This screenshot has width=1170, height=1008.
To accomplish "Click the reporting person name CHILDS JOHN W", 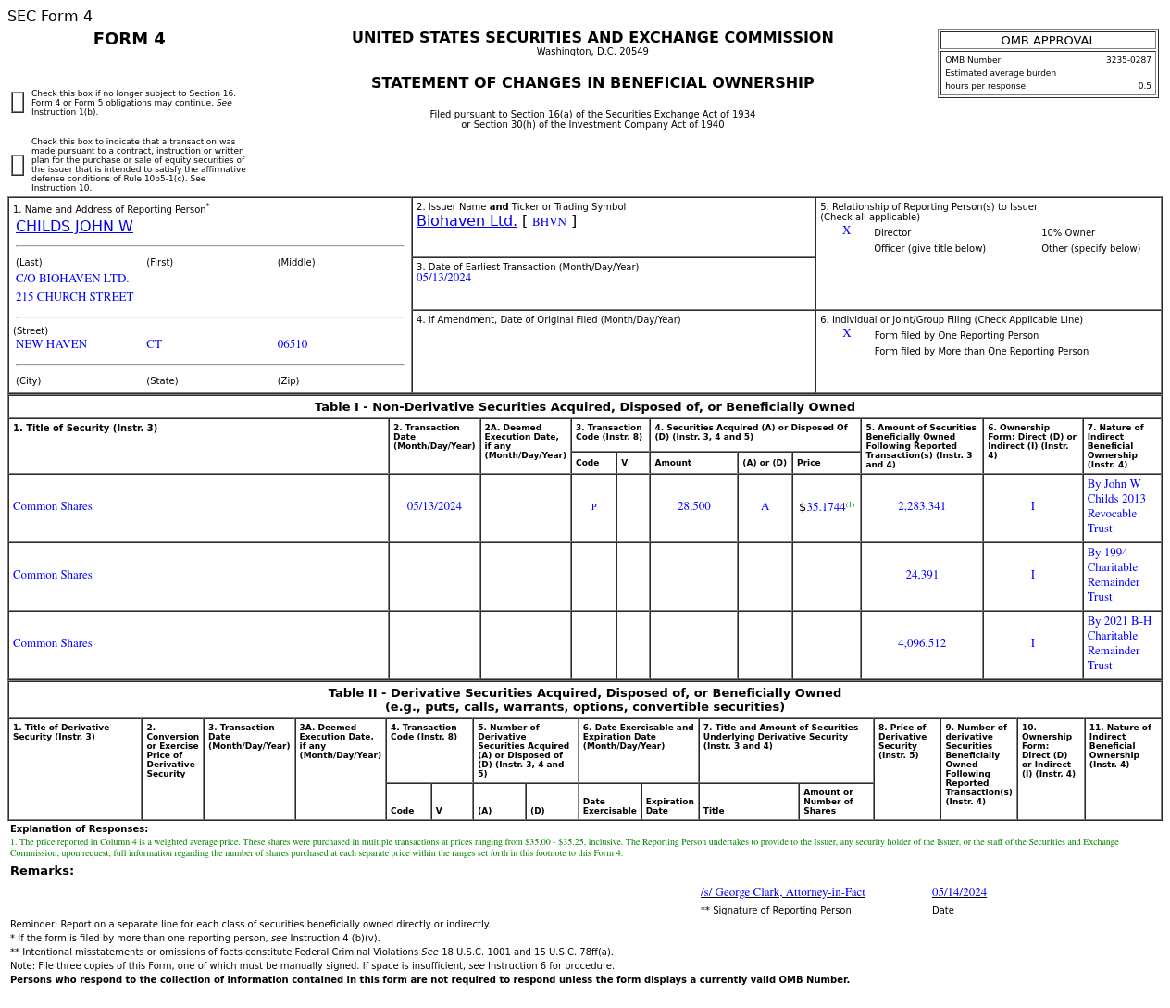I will (74, 227).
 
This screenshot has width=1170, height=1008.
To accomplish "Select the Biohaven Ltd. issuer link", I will (467, 221).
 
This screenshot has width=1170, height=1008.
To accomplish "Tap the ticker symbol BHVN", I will (549, 222).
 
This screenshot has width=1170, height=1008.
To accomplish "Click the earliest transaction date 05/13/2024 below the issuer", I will (443, 278).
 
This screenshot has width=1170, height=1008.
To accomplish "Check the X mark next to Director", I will (846, 230).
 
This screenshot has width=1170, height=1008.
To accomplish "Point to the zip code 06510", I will (292, 344).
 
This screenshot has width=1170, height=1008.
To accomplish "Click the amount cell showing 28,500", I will (694, 506).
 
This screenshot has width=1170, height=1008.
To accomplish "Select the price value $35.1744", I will (823, 507).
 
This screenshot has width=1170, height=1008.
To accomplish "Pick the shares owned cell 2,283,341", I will (922, 506).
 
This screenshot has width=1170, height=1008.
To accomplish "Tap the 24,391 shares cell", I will (922, 575).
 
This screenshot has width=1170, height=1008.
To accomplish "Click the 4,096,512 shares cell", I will (922, 643).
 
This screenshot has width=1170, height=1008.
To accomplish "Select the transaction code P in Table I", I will (593, 507).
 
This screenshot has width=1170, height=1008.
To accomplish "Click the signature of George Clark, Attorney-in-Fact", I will (783, 892).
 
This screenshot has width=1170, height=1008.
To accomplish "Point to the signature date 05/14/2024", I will (959, 892).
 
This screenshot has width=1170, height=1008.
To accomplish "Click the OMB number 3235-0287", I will (1128, 60).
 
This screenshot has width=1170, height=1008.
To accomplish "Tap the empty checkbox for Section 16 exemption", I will (18, 103).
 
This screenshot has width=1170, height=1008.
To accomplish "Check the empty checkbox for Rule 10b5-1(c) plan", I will (18, 165).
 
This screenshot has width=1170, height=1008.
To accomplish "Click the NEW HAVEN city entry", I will (52, 344).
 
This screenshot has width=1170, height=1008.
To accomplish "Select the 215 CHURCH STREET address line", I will (75, 297).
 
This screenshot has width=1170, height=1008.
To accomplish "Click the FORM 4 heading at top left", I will (130, 39).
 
